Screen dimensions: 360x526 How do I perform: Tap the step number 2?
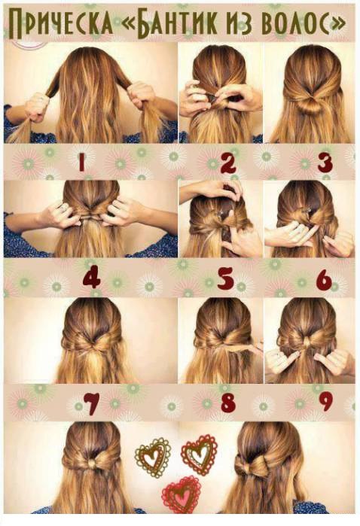point(229,163)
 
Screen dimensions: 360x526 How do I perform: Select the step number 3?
point(325,163)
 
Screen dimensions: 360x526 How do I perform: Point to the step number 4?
point(91,276)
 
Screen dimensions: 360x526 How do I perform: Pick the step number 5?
point(225,278)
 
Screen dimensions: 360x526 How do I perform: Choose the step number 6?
point(324,278)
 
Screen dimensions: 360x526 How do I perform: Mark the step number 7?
point(91,403)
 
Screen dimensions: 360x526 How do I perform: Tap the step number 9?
point(325,402)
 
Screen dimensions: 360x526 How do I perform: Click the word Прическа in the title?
point(61,23)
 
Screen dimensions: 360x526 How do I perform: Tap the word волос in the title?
point(295,23)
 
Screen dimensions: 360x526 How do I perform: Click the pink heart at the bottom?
point(181,495)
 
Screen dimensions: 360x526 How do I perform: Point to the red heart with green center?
point(199,455)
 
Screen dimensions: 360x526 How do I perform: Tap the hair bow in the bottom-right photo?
point(252,464)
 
